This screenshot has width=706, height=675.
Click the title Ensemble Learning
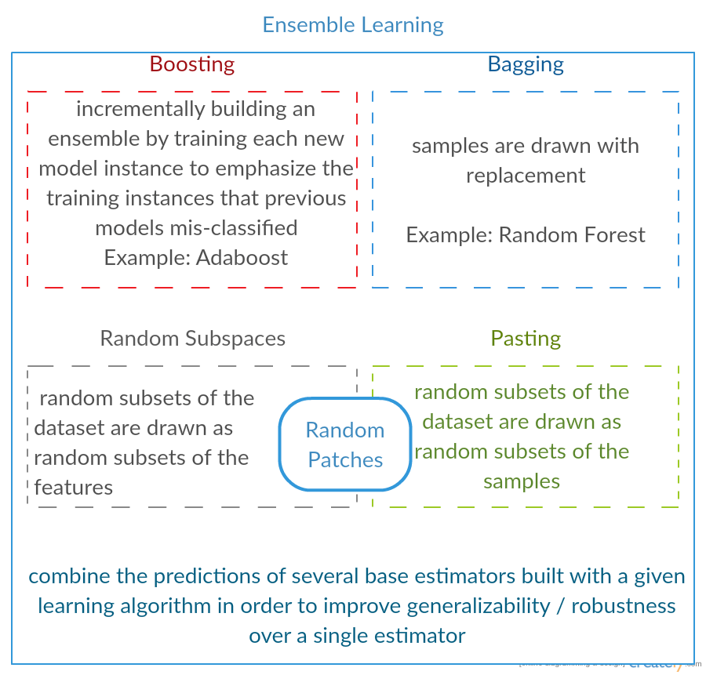point(352,25)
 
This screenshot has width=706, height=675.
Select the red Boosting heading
point(192,64)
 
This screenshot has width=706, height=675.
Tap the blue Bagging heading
point(526,64)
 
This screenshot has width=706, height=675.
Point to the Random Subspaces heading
point(192,339)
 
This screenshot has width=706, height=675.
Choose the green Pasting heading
point(526,339)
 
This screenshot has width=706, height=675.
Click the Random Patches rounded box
point(345,445)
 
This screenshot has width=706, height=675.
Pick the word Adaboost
point(242,258)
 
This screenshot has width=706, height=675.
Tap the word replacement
point(526,176)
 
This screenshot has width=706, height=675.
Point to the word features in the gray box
point(74,488)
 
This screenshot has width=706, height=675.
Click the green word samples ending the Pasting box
point(522,481)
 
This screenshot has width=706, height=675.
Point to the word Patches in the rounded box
point(345,460)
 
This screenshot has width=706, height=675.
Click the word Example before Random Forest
point(449,235)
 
